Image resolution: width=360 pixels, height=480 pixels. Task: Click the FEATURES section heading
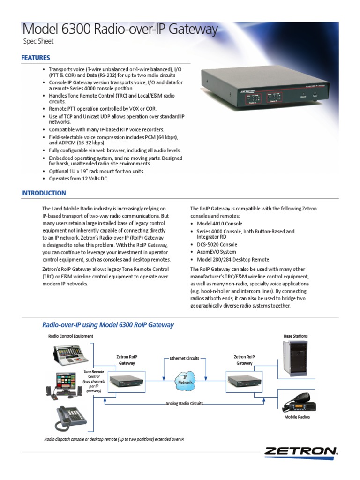click(36, 58)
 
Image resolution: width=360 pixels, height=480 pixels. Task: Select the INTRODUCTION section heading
click(44, 193)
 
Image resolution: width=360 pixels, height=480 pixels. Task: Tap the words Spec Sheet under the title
click(38, 41)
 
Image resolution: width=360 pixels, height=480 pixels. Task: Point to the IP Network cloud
click(185, 379)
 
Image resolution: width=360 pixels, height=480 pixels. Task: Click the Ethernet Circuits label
click(184, 358)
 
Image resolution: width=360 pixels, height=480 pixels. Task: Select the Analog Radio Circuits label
click(184, 403)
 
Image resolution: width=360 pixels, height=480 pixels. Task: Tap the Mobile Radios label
click(297, 417)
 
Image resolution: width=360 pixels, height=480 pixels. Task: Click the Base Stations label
click(296, 336)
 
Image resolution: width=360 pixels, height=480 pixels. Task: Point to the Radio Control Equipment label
click(71, 336)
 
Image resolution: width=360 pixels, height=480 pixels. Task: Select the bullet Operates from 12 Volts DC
click(78, 179)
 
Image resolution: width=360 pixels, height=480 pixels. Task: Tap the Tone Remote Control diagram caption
click(94, 381)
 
